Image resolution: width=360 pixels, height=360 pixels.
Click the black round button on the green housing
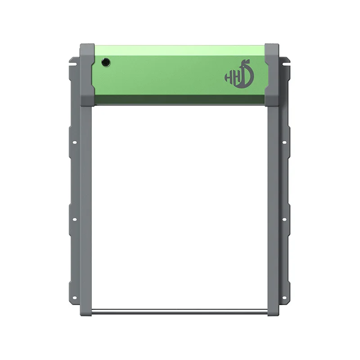point(106,62)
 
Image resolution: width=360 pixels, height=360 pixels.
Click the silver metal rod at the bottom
point(180,310)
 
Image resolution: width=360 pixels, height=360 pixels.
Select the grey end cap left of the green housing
point(87,75)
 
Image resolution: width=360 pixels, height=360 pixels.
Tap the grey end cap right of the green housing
point(272,75)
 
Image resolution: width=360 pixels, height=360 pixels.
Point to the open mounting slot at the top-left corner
point(72,59)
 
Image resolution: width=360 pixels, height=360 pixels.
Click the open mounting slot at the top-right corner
point(287,59)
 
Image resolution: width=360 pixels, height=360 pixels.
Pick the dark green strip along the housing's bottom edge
point(180,100)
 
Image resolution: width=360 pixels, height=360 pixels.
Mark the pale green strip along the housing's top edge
point(180,48)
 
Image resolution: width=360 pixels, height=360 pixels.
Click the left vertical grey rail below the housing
point(86,202)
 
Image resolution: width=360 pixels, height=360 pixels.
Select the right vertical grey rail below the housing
point(273,202)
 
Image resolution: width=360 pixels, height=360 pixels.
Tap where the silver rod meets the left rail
point(92,310)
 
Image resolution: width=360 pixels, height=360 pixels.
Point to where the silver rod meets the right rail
point(268,310)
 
